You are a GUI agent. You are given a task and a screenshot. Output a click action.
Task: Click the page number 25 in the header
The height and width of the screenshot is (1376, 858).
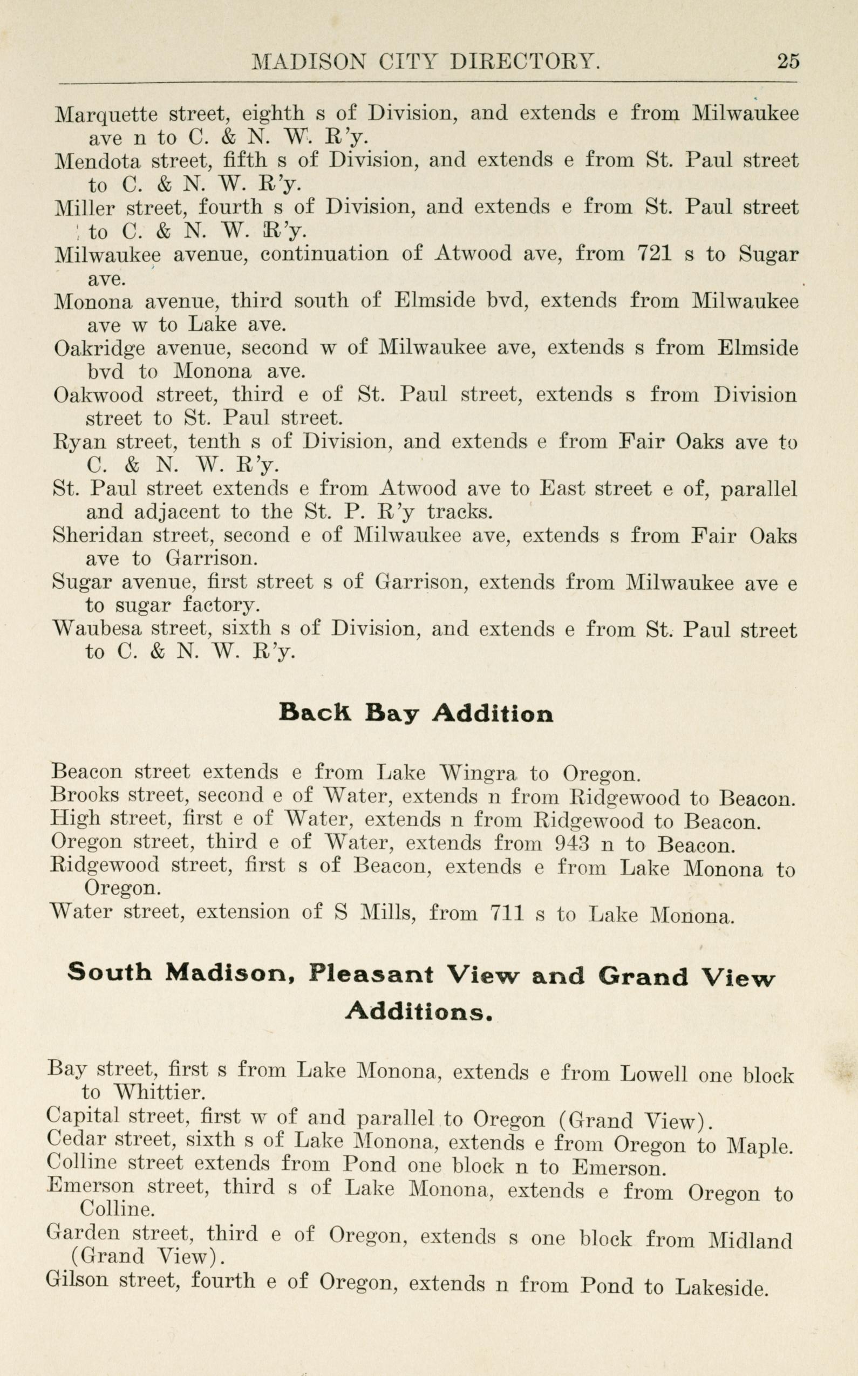tap(788, 61)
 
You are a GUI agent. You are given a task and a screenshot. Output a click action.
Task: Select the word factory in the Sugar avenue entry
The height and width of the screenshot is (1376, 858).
tap(218, 606)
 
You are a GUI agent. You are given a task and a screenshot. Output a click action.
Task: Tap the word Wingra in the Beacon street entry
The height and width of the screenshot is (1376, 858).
tap(478, 772)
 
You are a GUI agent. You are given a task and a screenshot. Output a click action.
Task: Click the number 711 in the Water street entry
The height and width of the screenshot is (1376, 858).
tap(504, 913)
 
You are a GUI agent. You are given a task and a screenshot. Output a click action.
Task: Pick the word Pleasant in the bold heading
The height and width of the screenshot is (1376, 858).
tap(371, 975)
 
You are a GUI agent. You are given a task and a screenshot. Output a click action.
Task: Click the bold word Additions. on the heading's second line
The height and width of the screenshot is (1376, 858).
tap(419, 1011)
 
